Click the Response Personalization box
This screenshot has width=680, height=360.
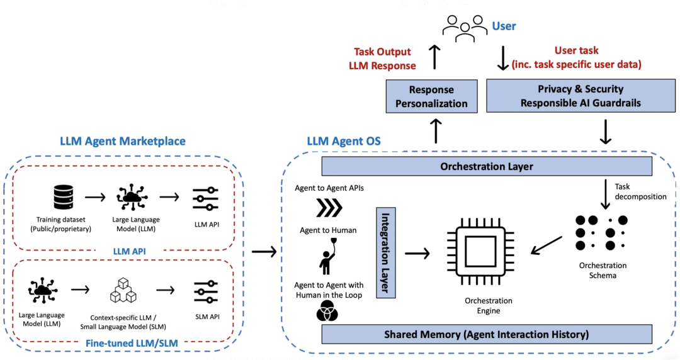coord(431,96)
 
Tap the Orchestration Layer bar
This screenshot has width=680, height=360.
coord(486,167)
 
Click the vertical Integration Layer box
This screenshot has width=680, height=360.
coord(385,252)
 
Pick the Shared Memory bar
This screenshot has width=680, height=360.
coord(486,334)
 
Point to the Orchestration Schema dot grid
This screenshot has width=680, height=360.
coord(602,232)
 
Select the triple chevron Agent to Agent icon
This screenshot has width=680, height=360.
coord(329,207)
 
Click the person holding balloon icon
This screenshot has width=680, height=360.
coord(327,256)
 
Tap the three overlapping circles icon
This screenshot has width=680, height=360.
coord(327,311)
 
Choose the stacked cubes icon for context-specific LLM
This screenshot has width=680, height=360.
coord(123,291)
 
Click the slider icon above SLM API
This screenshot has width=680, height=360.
coord(206,291)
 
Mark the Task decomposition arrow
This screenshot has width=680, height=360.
coord(605,194)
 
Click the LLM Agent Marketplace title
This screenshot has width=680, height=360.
coord(123,141)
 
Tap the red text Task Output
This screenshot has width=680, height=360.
coord(382,52)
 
